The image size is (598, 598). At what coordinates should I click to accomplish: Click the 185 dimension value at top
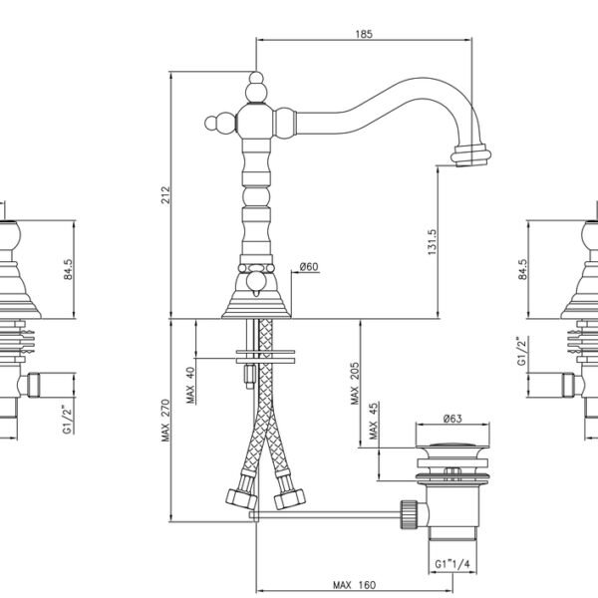click(364, 34)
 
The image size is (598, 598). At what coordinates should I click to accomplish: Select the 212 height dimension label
click(165, 194)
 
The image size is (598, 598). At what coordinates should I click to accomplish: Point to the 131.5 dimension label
click(432, 242)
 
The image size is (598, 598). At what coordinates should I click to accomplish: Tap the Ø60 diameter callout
click(309, 266)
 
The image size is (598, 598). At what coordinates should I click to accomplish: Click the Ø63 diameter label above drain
click(452, 419)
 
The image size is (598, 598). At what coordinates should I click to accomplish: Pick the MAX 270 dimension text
click(165, 421)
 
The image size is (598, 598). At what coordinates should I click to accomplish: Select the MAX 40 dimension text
click(190, 385)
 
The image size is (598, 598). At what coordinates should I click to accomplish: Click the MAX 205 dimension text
click(355, 384)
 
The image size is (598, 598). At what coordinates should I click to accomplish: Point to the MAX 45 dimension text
click(374, 421)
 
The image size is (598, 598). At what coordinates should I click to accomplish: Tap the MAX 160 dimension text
click(354, 585)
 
